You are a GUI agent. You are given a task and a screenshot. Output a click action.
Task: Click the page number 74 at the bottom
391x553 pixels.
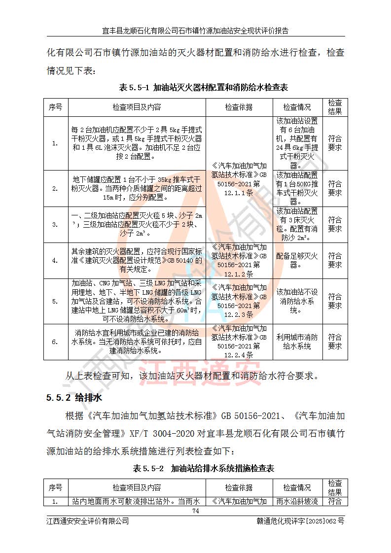point(195,511)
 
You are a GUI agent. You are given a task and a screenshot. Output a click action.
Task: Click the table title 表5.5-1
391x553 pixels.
point(203,88)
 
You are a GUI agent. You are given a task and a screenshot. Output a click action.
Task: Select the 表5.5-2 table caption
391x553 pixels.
point(203,468)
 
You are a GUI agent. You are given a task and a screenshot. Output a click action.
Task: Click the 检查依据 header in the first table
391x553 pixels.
point(239,107)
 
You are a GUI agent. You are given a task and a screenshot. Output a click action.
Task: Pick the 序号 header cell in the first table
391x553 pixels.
point(55,107)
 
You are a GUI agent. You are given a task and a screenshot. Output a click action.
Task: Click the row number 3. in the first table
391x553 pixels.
point(55,224)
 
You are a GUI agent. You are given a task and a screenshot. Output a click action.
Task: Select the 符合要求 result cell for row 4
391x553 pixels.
point(335,260)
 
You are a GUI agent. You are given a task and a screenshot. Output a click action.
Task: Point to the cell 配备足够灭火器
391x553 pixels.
point(297,260)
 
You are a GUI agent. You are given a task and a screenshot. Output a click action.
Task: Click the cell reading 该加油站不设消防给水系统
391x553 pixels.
point(297,301)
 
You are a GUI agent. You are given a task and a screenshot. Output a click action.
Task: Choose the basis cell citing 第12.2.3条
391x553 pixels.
point(239,301)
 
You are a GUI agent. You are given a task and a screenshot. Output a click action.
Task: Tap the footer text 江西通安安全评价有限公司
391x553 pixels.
point(87,521)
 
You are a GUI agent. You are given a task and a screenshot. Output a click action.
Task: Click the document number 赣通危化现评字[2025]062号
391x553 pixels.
point(300,521)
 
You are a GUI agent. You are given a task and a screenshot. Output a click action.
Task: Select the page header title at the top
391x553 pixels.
point(195,31)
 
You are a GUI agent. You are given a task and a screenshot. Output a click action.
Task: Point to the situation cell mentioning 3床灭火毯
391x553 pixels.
point(297,224)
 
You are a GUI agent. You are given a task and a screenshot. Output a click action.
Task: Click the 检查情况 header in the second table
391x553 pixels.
point(297,487)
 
